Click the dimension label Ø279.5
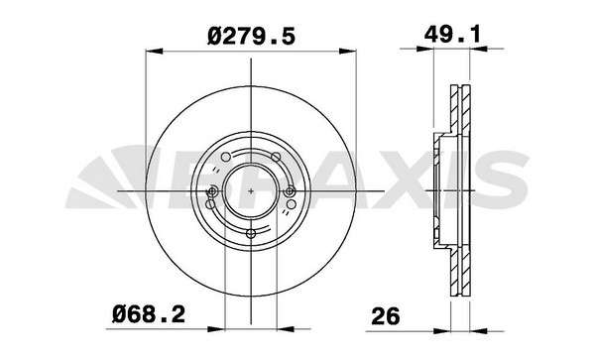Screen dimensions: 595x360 tap(251, 37)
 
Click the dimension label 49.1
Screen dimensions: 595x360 tap(452, 34)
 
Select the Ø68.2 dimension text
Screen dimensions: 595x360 tap(149, 314)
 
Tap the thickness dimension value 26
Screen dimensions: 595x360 tap(386, 316)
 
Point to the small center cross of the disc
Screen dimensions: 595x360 tap(251, 190)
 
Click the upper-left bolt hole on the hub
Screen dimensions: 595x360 tap(225, 157)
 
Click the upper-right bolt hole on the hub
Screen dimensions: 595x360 tap(277, 157)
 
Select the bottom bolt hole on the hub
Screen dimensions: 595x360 tap(251, 233)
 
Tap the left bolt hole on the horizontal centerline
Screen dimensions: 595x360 tap(213, 191)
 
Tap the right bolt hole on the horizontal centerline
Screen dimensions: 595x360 tap(290, 191)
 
